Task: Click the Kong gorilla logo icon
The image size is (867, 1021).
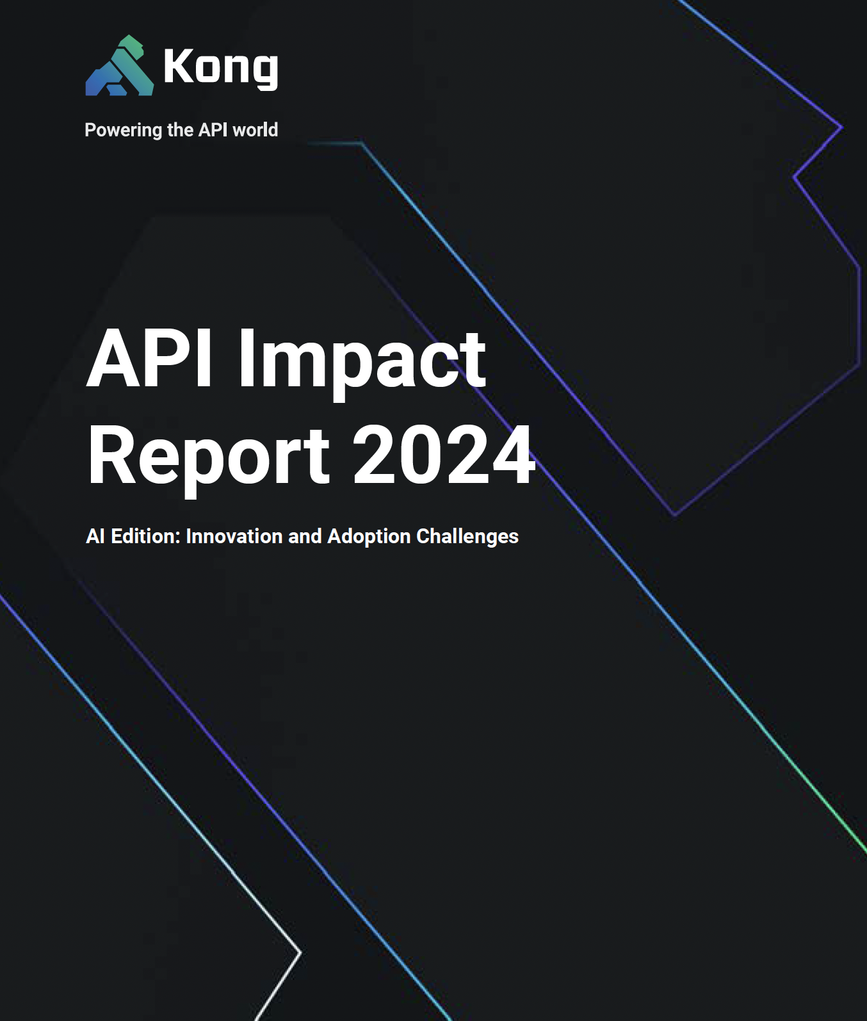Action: coord(120,65)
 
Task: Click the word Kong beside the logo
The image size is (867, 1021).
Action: coord(221,67)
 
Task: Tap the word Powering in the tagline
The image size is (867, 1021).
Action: coord(124,130)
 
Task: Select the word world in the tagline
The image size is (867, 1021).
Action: coord(255,129)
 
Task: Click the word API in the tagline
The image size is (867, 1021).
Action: coord(213,129)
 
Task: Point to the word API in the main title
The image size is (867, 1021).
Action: coord(150,359)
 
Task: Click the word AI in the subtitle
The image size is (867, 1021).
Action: coord(95,536)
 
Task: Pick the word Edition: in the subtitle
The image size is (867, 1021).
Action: coord(146,536)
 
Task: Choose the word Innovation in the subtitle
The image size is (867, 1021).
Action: coord(234,536)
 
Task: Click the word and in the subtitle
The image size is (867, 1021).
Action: coord(305,536)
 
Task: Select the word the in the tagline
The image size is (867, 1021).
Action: coord(180,129)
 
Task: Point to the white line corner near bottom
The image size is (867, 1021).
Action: coord(300,952)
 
